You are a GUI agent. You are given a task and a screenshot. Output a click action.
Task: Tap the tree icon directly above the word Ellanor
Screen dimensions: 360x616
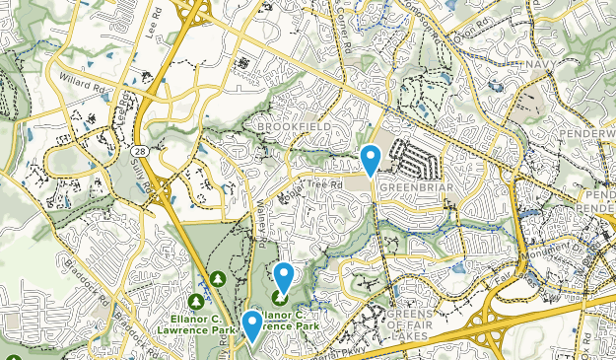196,301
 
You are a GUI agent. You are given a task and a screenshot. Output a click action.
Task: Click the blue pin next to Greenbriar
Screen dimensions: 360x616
371,158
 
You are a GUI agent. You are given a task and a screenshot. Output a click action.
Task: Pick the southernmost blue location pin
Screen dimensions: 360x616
252,325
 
